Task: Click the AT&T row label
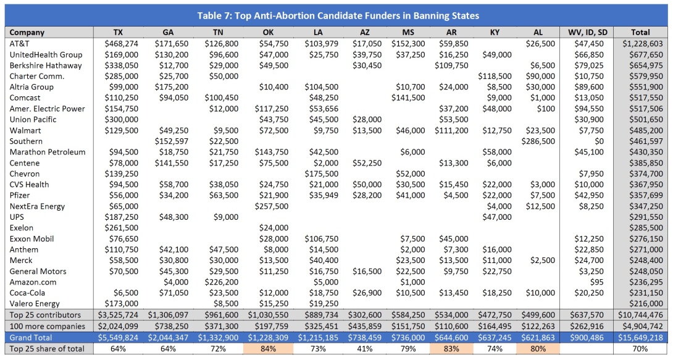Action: pos(20,44)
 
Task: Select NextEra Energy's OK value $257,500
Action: pos(272,206)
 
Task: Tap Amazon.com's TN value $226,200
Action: pos(221,282)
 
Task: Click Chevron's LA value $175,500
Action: pos(321,174)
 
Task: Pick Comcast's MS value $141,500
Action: pos(408,98)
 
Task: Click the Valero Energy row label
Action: pos(35,304)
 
